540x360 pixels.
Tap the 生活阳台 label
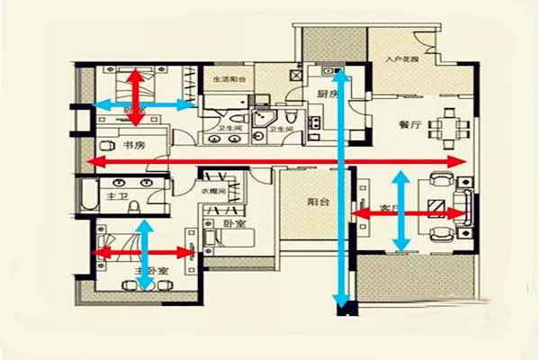229,79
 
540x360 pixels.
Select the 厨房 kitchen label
327,93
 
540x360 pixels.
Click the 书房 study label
136,145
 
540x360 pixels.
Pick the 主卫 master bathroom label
117,194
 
